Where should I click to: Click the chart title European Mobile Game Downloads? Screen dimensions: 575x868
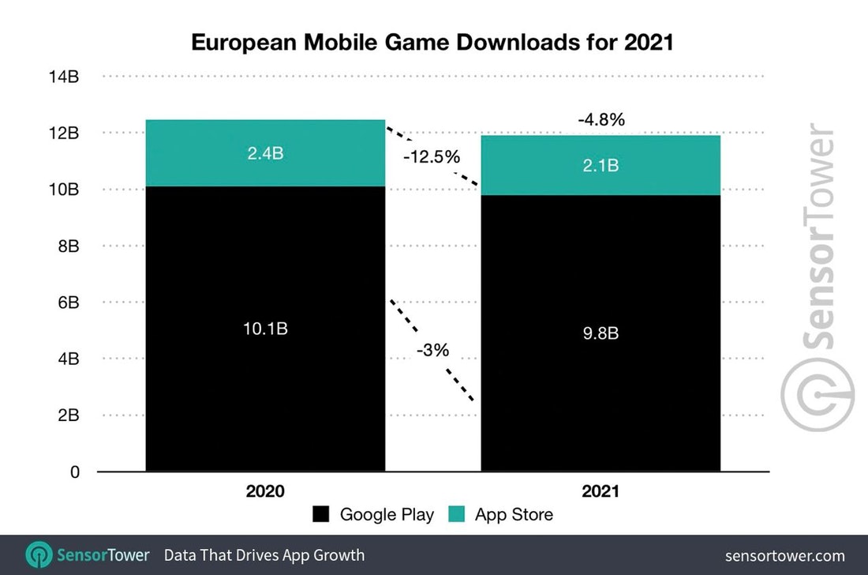[x=432, y=43]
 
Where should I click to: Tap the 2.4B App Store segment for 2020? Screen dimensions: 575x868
[x=265, y=153]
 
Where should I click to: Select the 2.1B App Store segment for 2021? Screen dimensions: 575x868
[x=600, y=165]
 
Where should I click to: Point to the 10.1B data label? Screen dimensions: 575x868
[x=265, y=328]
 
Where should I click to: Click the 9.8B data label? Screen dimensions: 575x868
[x=600, y=333]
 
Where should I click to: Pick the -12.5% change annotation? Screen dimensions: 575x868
[x=431, y=157]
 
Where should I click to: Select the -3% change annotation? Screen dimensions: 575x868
[x=433, y=349]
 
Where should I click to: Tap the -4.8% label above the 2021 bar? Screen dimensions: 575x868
[x=600, y=120]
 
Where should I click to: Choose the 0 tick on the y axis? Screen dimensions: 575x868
[x=75, y=472]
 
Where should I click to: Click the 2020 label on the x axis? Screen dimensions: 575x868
[x=265, y=491]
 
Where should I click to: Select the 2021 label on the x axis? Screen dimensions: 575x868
[x=600, y=491]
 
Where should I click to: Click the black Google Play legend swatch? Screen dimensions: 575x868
[x=321, y=515]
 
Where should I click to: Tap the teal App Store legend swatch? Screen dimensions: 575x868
[x=457, y=515]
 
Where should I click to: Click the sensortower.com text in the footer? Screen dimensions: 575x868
[x=784, y=555]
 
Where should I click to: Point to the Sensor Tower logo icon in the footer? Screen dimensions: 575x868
[x=39, y=554]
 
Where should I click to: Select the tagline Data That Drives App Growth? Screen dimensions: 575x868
[x=264, y=555]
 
